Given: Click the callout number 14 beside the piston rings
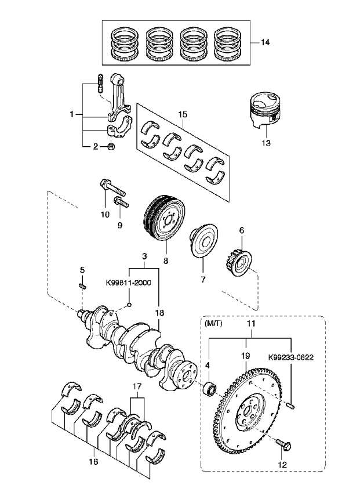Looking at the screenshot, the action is coord(265,42).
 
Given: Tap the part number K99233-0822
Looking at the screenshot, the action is coord(291,357).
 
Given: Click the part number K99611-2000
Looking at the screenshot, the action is coord(128,283).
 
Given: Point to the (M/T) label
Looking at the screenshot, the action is coord(213,324).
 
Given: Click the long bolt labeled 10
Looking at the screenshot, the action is coord(112,187).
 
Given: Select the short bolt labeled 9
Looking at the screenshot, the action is coord(121,202).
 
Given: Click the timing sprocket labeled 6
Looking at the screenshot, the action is coord(238,260).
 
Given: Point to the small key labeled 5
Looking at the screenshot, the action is coord(82,286).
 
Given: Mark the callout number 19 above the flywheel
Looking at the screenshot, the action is coord(246,356).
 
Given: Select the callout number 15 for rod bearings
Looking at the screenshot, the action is coord(183,114).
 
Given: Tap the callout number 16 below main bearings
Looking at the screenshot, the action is coord(93,461).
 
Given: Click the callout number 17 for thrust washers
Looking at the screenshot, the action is coord(137,386).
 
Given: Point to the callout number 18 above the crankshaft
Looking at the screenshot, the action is coord(159,313).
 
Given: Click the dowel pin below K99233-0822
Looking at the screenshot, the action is coord(291,406).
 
